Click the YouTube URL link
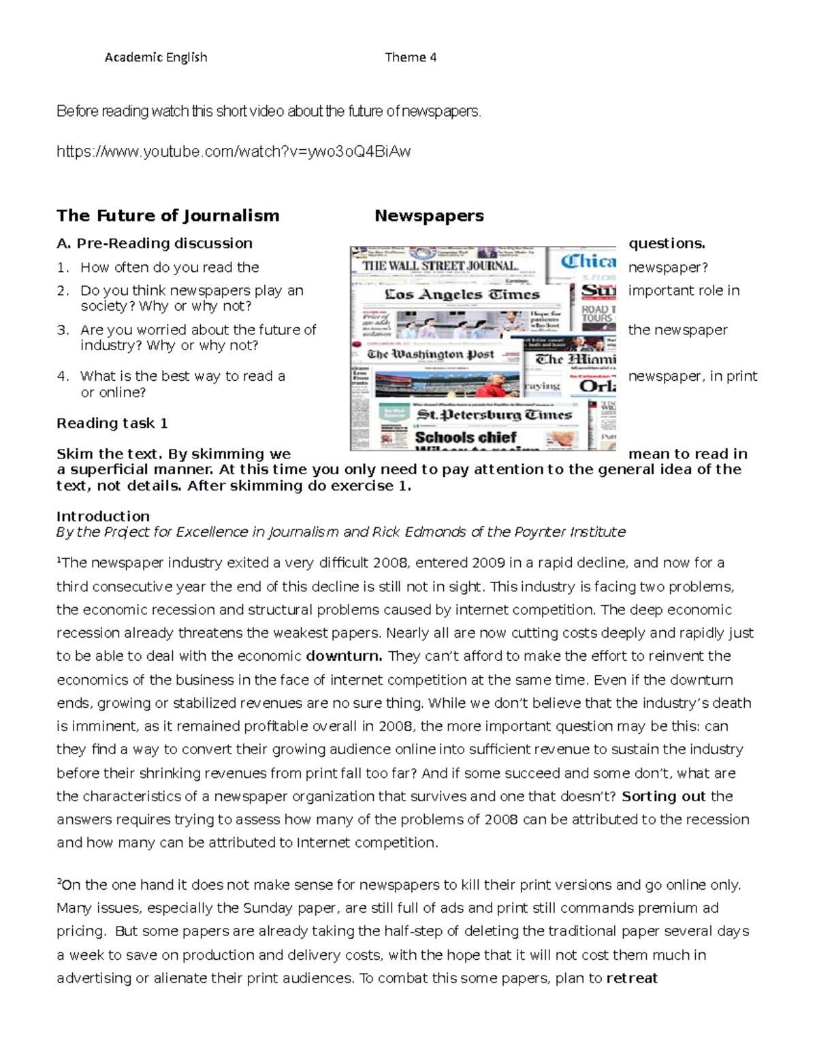click(x=234, y=151)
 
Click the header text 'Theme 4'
click(x=411, y=57)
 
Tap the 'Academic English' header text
click(x=156, y=57)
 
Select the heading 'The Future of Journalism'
click(x=167, y=216)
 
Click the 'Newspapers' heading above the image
click(x=429, y=216)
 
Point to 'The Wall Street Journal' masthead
click(x=440, y=266)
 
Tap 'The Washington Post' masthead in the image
click(x=430, y=354)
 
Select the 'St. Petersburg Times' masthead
click(x=494, y=414)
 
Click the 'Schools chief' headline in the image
click(x=466, y=437)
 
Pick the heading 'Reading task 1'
click(x=112, y=423)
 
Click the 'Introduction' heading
click(x=103, y=516)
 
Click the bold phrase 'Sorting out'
click(x=664, y=796)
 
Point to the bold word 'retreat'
click(x=632, y=979)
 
